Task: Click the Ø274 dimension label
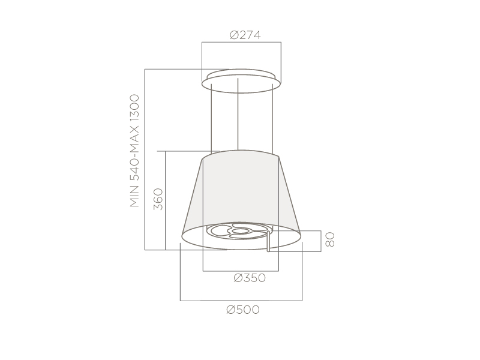pyautogui.click(x=245, y=35)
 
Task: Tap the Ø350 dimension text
pyautogui.click(x=250, y=278)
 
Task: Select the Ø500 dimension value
pyautogui.click(x=243, y=310)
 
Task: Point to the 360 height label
pyautogui.click(x=158, y=199)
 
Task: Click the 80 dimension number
pyautogui.click(x=329, y=239)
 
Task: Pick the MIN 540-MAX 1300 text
pyautogui.click(x=134, y=151)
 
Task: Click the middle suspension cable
pyautogui.click(x=238, y=114)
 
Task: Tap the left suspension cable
pyautogui.click(x=211, y=118)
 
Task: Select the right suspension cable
pyautogui.click(x=272, y=118)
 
